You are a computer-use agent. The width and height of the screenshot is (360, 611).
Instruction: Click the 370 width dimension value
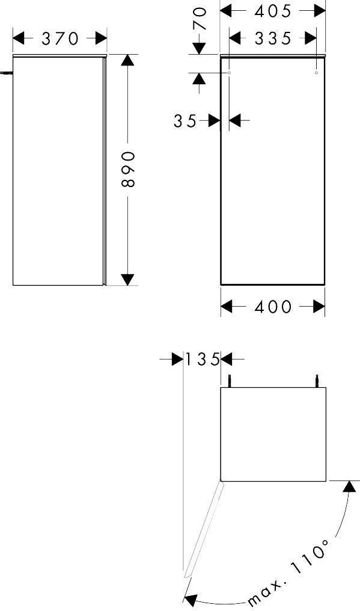[x=60, y=38]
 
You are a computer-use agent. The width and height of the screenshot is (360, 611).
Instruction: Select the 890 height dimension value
[x=128, y=170]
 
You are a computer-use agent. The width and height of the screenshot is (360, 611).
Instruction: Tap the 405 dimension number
[x=273, y=11]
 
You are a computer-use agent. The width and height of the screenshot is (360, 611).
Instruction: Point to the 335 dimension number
[x=273, y=38]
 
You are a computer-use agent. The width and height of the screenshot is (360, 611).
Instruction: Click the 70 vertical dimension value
[x=200, y=19]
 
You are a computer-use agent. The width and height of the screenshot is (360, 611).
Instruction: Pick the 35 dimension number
[x=185, y=121]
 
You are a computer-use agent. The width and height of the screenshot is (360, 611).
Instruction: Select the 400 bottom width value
[x=273, y=307]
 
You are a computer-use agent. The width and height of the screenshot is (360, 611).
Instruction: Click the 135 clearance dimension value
[x=202, y=359]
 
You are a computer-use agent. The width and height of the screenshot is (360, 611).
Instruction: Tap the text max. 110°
[x=288, y=572]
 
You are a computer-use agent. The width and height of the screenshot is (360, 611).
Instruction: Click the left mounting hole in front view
[x=229, y=73]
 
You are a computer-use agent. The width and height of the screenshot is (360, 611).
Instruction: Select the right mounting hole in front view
[x=316, y=73]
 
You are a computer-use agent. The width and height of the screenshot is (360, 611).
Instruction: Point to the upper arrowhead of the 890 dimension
[x=127, y=60]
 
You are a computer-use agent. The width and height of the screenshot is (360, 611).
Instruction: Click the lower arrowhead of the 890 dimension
[x=127, y=280]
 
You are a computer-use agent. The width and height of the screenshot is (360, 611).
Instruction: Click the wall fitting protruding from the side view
[x=6, y=73]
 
